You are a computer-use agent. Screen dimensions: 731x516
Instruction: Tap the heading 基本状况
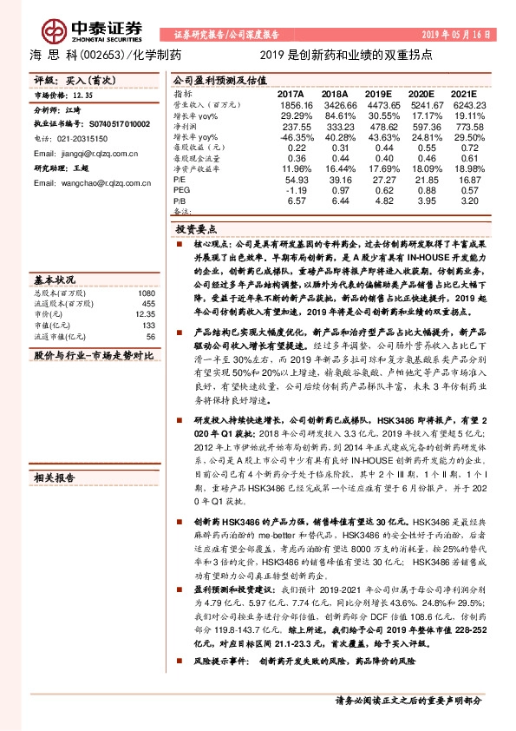(x=53, y=280)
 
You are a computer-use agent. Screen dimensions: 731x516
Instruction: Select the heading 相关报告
(x=53, y=477)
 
